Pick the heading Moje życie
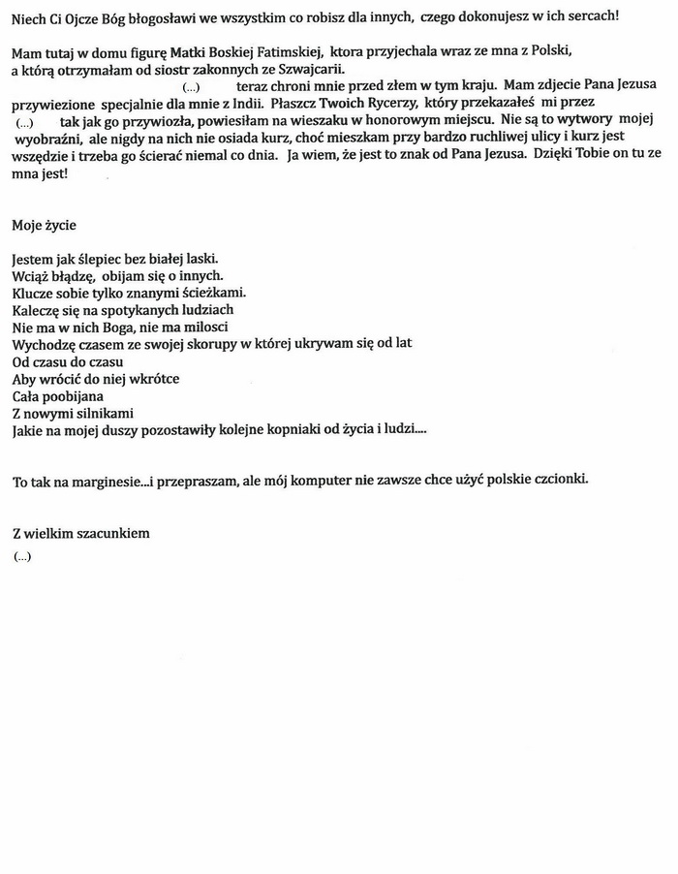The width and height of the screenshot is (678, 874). [44, 226]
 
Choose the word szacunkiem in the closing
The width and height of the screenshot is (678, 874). [115, 533]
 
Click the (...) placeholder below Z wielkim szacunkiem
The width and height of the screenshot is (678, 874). [22, 556]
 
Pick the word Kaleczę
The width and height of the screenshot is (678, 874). [38, 310]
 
